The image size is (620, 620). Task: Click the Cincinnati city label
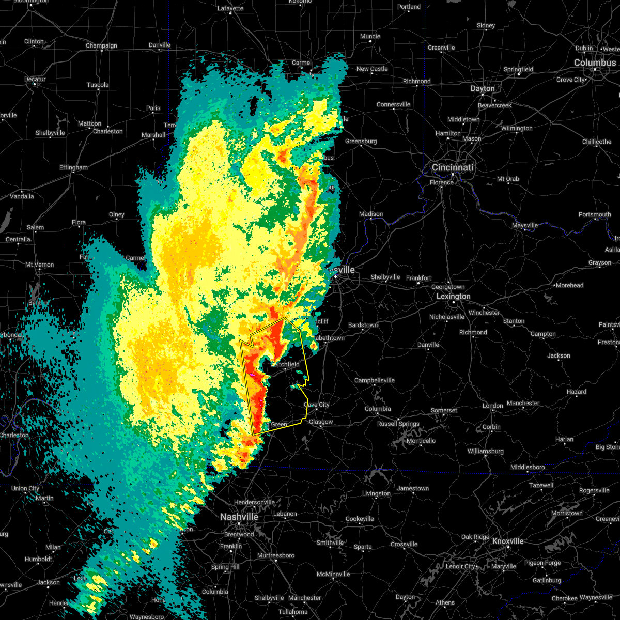pyautogui.click(x=453, y=167)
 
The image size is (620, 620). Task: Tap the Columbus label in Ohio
pyautogui.click(x=595, y=63)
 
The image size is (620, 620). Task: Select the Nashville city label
pyautogui.click(x=239, y=517)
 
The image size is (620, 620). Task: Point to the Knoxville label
pyautogui.click(x=507, y=541)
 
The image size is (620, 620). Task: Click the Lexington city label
pyautogui.click(x=453, y=296)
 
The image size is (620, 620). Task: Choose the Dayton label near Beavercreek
pyautogui.click(x=482, y=88)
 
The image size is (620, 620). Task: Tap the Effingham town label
pyautogui.click(x=73, y=167)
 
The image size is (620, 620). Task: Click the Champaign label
pyautogui.click(x=101, y=45)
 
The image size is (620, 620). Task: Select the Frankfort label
pyautogui.click(x=419, y=278)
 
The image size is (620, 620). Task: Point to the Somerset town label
pyautogui.click(x=444, y=410)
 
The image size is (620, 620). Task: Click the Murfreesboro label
pyautogui.click(x=276, y=555)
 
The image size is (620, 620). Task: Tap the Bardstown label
pyautogui.click(x=363, y=325)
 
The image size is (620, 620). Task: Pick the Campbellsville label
pyautogui.click(x=374, y=380)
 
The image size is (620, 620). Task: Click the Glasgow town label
pyautogui.click(x=321, y=422)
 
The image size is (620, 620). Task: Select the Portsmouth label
pyautogui.click(x=594, y=214)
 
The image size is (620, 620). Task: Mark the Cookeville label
pyautogui.click(x=360, y=519)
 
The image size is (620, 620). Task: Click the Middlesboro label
pyautogui.click(x=527, y=467)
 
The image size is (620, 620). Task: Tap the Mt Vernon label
pyautogui.click(x=39, y=265)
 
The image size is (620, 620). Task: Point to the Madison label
pyautogui.click(x=371, y=214)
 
